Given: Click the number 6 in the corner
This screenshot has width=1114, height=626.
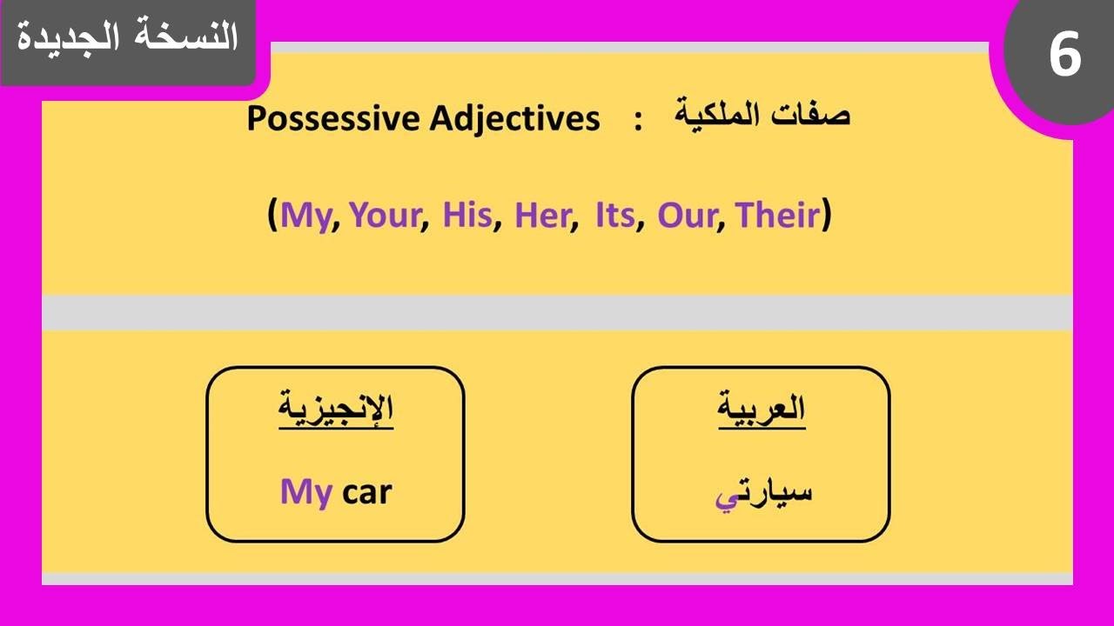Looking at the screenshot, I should coord(1064,57).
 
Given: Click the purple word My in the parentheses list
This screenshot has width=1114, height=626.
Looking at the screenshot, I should coord(308,216).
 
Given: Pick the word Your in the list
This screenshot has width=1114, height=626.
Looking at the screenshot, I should coord(385,215).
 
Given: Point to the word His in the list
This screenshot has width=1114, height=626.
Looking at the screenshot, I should coord(467,215).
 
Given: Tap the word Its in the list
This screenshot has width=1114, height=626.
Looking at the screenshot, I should coord(614,215).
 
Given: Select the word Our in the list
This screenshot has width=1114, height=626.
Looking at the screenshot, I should coord(686,215).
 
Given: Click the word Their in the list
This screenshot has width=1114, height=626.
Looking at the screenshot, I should coord(777,215).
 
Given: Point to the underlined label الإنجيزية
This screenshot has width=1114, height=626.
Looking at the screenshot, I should coord(336,410).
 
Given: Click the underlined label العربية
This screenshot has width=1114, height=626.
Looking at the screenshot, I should coord(762,409).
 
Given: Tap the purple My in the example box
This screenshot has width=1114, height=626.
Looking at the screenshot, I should coord(305,493).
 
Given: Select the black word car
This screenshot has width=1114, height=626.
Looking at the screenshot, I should coord(367,493).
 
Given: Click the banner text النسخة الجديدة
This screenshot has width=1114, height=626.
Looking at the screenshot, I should coord(127,37).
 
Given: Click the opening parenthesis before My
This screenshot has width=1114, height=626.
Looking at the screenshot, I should coord(273,215).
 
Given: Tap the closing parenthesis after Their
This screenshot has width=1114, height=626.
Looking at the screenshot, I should coord(827,215).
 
